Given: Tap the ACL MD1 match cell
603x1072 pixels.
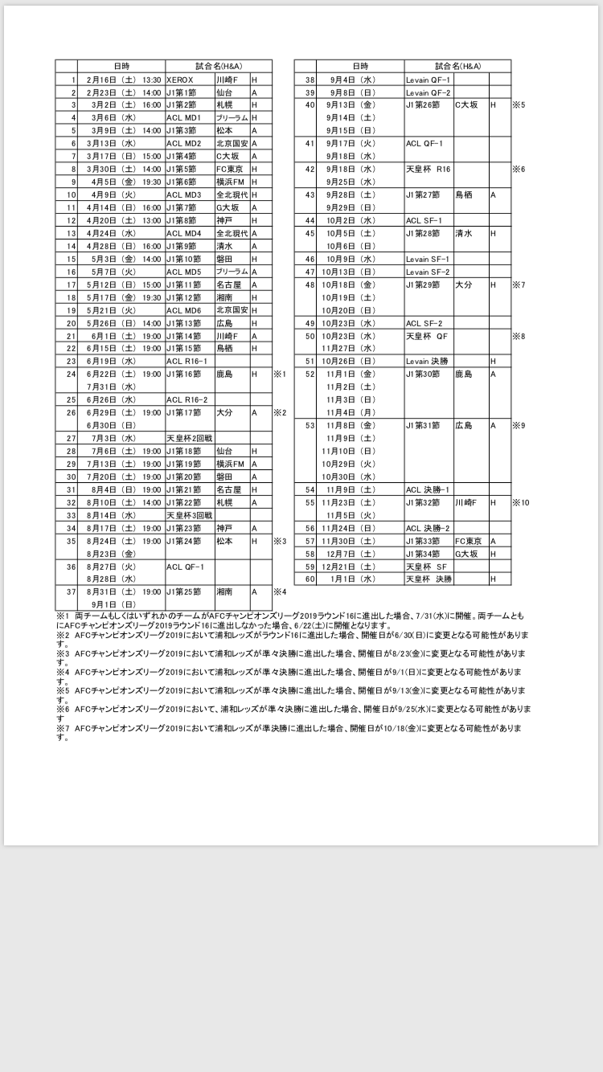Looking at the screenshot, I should (184, 117).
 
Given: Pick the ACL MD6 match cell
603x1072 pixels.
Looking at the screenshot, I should (184, 310).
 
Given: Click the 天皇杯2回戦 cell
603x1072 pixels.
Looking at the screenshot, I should (190, 438).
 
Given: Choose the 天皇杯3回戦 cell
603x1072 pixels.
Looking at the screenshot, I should (190, 515).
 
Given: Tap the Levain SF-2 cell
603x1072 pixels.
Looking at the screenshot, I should (429, 272).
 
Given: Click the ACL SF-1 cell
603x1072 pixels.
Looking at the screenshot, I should (425, 220).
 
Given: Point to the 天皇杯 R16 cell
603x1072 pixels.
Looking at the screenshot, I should (428, 169).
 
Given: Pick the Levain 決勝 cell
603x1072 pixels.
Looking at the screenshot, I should (428, 361).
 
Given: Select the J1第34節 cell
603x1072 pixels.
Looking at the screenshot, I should (423, 554).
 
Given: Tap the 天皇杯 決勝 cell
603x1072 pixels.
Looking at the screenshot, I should (429, 579).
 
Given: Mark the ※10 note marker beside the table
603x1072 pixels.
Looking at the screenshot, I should (521, 502).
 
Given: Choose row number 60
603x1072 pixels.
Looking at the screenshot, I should (309, 579).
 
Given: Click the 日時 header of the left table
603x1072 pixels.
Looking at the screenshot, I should (122, 65).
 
